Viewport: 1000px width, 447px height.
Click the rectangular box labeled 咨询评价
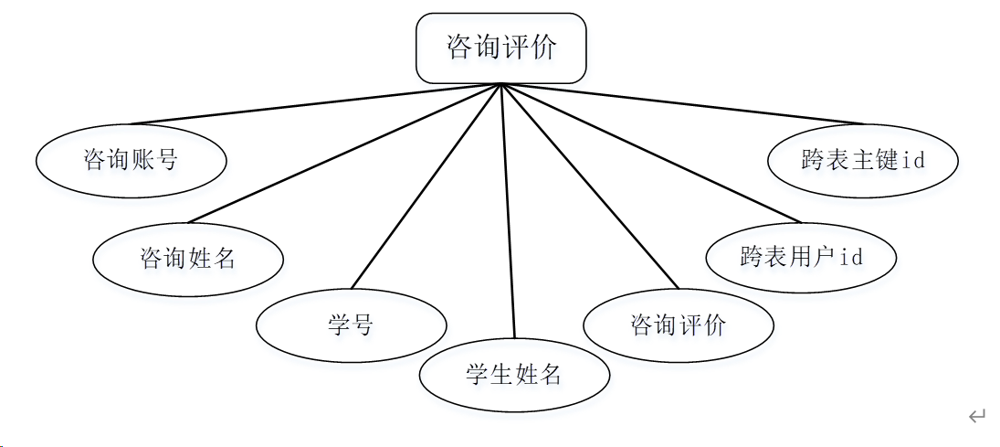click(x=500, y=48)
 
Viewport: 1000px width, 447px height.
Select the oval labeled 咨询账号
click(x=132, y=161)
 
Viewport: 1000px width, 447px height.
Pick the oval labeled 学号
click(x=352, y=325)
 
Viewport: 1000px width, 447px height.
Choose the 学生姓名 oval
click(x=514, y=374)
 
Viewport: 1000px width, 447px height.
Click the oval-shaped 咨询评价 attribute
click(x=678, y=325)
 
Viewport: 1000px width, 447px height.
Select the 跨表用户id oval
click(x=801, y=257)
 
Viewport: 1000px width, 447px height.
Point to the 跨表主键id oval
click(x=863, y=160)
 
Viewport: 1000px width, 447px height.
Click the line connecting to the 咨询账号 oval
click(x=315, y=104)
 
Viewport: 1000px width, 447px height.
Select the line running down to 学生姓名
click(x=508, y=210)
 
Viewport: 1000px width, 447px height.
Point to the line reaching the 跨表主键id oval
click(x=681, y=104)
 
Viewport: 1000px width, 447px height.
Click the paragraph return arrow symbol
click(x=976, y=417)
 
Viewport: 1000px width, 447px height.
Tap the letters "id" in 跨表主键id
click(x=913, y=160)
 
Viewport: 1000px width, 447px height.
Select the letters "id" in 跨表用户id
click(x=850, y=257)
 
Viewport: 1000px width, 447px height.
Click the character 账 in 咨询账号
click(x=143, y=161)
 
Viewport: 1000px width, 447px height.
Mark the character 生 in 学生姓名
click(x=501, y=374)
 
